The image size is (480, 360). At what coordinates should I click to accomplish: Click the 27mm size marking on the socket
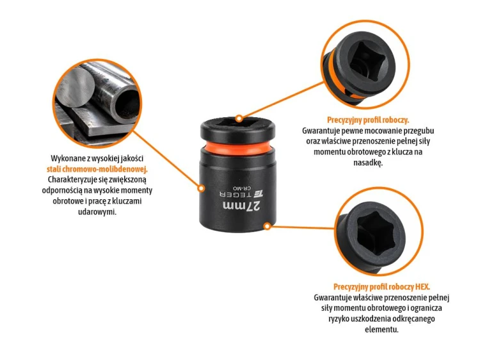[x=242, y=206]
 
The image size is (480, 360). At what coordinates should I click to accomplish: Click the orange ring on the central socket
[x=238, y=148]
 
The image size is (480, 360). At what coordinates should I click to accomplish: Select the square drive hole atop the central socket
[x=237, y=122]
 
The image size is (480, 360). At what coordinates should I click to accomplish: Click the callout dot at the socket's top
[x=239, y=119]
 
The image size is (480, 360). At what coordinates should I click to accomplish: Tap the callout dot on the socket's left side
[x=201, y=188]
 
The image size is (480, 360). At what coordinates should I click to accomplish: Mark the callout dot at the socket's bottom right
[x=268, y=226]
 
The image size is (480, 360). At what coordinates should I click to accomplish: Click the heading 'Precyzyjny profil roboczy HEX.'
[x=381, y=287]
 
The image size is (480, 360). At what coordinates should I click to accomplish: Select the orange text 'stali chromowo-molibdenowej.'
[x=97, y=169]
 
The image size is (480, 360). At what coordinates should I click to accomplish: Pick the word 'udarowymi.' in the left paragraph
[x=97, y=212]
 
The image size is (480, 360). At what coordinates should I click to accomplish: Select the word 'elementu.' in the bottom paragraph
[x=381, y=330]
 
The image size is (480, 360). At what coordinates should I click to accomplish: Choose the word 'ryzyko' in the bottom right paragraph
[x=339, y=319]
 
